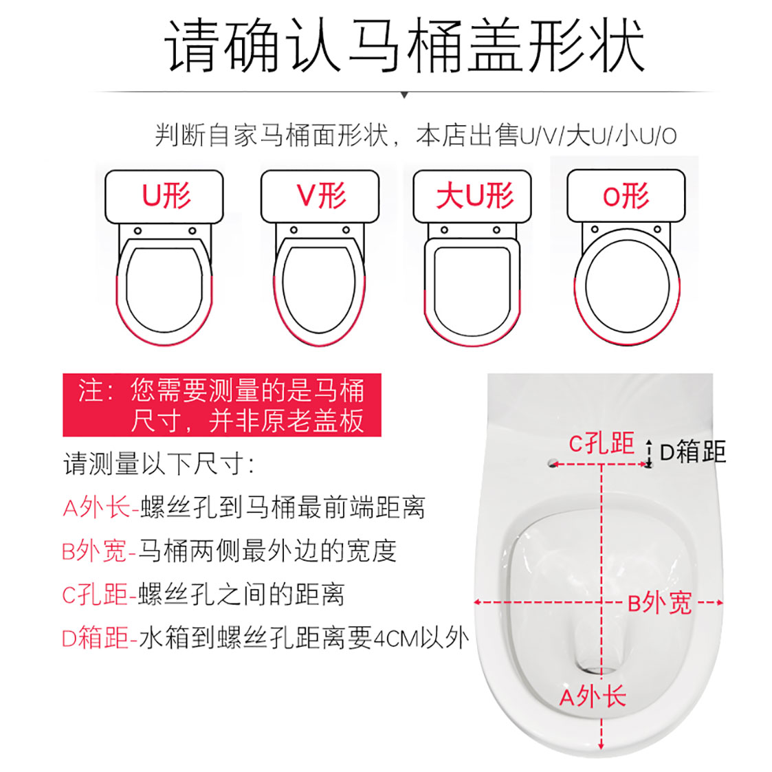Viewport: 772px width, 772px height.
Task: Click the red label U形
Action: point(166,195)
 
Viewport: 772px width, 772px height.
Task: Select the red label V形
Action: point(321,195)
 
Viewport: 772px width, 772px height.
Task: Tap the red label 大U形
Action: point(474,195)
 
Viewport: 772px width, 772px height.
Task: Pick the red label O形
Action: point(626,195)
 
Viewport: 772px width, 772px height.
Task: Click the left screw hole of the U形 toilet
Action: point(138,231)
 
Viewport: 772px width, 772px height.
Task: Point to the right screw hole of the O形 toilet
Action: point(657,230)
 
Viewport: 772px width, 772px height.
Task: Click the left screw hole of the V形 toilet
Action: point(294,230)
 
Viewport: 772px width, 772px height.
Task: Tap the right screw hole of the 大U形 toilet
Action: point(496,230)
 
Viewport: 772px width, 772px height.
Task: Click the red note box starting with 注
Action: point(222,405)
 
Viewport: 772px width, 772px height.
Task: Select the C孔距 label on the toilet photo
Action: point(601,443)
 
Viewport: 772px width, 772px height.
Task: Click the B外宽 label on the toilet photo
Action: point(660,603)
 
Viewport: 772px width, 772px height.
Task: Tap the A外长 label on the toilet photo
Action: point(593,696)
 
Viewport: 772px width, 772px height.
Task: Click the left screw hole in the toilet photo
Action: point(553,463)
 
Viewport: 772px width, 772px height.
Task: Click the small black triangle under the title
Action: point(404,95)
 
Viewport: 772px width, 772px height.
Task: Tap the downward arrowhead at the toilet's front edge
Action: point(601,745)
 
